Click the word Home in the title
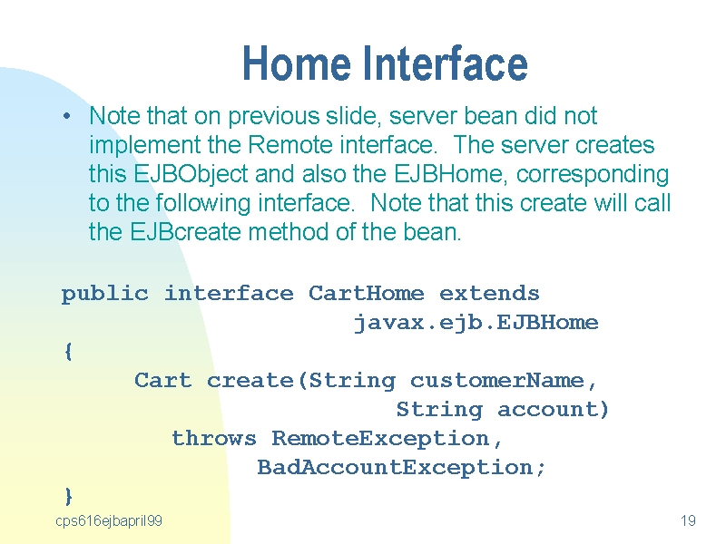(297, 63)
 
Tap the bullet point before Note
(66, 116)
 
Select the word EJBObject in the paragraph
(191, 175)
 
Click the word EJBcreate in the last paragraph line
(186, 232)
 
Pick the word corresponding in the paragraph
(593, 175)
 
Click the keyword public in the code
(105, 294)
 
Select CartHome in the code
(366, 293)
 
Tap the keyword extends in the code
(489, 293)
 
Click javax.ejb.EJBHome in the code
(476, 323)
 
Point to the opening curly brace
(68, 352)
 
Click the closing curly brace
(69, 496)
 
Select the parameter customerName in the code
(496, 381)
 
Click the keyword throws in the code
(214, 438)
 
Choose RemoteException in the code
(380, 439)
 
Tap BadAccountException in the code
(395, 468)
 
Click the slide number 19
(688, 520)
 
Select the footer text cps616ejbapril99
(109, 521)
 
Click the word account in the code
(548, 410)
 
